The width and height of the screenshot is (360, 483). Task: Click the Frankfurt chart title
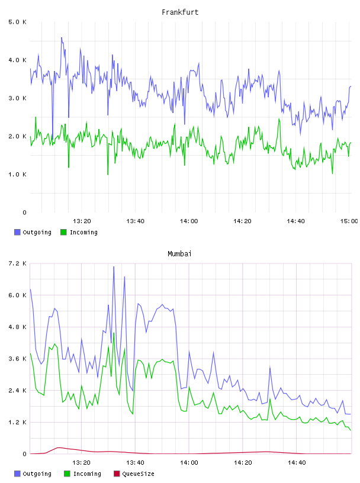(180, 12)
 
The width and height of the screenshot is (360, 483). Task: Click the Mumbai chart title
(179, 254)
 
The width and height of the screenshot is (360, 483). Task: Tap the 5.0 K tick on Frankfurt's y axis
(17, 22)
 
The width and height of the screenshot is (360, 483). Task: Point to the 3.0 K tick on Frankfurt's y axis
(17, 98)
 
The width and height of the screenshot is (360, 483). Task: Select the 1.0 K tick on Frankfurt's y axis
(17, 175)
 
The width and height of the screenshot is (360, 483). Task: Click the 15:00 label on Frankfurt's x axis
(349, 221)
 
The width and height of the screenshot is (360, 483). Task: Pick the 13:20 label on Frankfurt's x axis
(82, 221)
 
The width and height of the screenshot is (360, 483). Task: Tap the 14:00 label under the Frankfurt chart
(189, 221)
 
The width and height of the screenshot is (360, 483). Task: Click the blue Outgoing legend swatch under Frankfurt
(17, 232)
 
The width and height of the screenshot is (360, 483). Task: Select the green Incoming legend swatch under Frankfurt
(63, 232)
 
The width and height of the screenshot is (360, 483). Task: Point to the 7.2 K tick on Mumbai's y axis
(17, 263)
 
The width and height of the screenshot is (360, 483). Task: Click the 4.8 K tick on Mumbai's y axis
(17, 327)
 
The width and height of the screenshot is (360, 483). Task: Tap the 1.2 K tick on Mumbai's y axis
(17, 422)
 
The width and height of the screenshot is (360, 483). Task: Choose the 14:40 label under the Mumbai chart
(297, 463)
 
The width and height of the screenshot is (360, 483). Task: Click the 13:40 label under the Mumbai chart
(136, 463)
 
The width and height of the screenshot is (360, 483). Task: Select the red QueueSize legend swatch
(117, 474)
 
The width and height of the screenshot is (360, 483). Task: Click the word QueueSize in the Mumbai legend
(138, 474)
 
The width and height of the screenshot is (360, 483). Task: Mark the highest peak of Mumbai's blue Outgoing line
(114, 267)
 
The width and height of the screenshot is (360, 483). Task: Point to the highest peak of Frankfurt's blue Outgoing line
(62, 37)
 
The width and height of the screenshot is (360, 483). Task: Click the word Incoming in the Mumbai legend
(87, 474)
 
